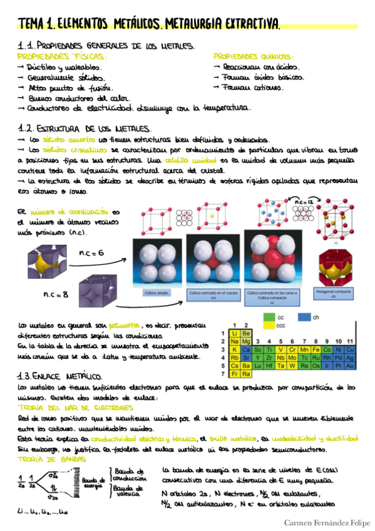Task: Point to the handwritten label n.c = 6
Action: [x=91, y=252]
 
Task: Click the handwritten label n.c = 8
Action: [x=56, y=294]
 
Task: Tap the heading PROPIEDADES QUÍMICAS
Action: [x=253, y=56]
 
